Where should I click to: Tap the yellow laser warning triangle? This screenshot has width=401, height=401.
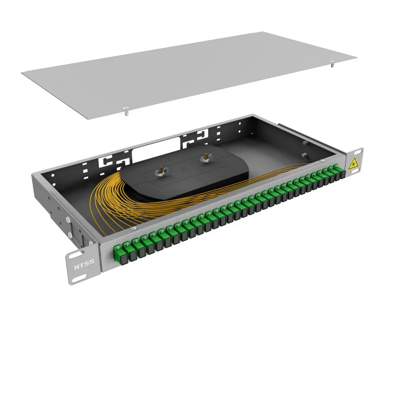[x=353, y=164]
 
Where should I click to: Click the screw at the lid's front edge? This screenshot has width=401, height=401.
[x=126, y=110]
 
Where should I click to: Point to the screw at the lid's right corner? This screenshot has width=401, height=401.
[x=332, y=63]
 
